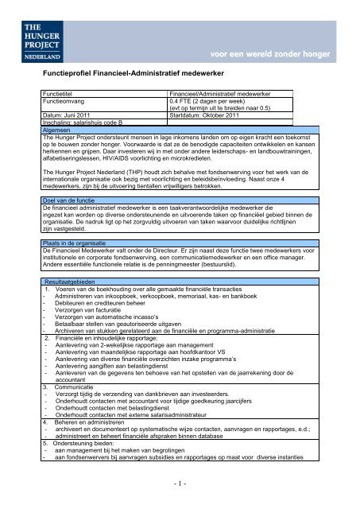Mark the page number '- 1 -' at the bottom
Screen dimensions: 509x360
pyautogui.click(x=180, y=482)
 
